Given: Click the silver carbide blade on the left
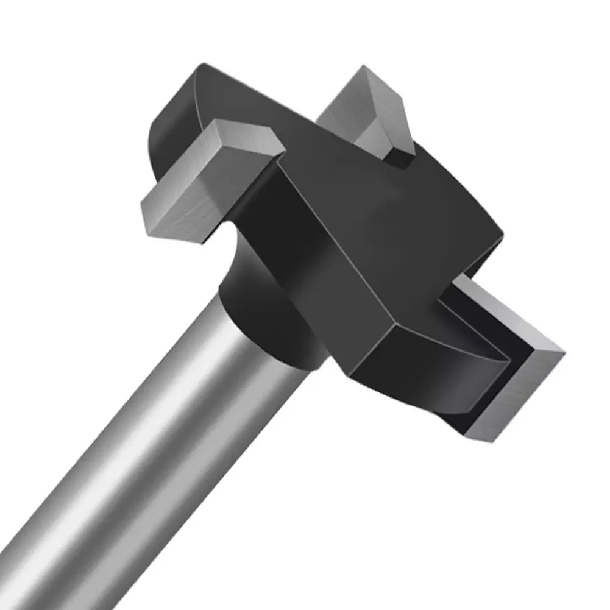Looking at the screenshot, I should pos(201,183).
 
